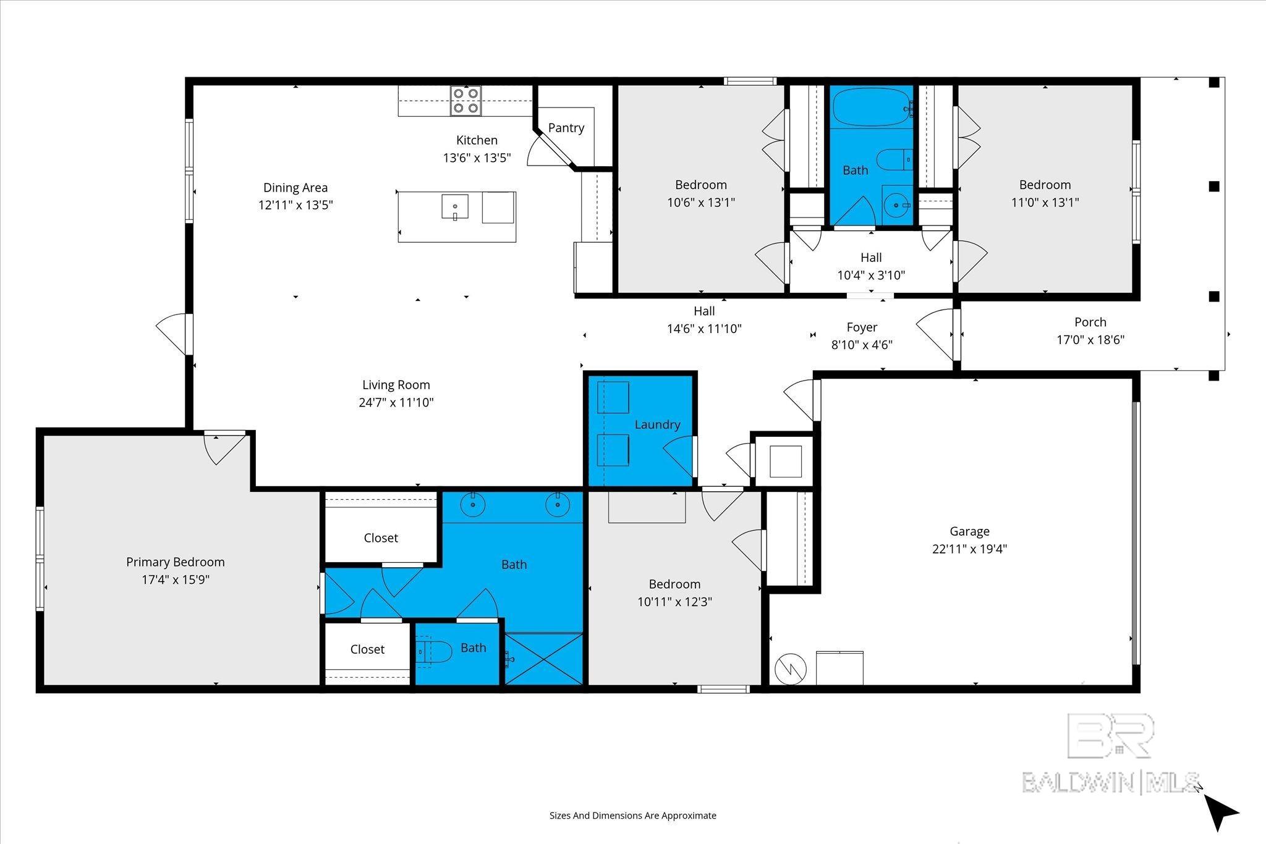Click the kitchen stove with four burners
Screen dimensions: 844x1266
(x=465, y=101)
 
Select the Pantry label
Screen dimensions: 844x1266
(x=566, y=128)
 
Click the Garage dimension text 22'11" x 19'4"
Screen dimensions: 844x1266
(x=969, y=549)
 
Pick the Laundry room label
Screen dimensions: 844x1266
(x=656, y=424)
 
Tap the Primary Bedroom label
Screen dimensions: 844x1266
(x=175, y=562)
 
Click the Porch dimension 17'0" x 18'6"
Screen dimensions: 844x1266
(x=1090, y=340)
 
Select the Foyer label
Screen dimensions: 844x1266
(x=862, y=327)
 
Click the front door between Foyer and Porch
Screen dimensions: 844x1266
(x=956, y=334)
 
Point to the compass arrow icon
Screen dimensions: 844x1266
(x=1220, y=812)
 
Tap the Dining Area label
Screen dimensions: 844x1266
(x=295, y=187)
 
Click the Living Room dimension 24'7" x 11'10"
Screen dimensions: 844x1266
(x=396, y=403)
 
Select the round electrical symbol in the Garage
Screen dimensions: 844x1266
(x=791, y=668)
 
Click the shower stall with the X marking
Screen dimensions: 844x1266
(x=544, y=659)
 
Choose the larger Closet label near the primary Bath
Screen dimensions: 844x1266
(x=381, y=538)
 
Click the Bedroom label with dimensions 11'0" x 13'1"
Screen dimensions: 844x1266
(x=1045, y=185)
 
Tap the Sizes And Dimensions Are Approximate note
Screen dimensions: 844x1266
(x=632, y=816)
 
